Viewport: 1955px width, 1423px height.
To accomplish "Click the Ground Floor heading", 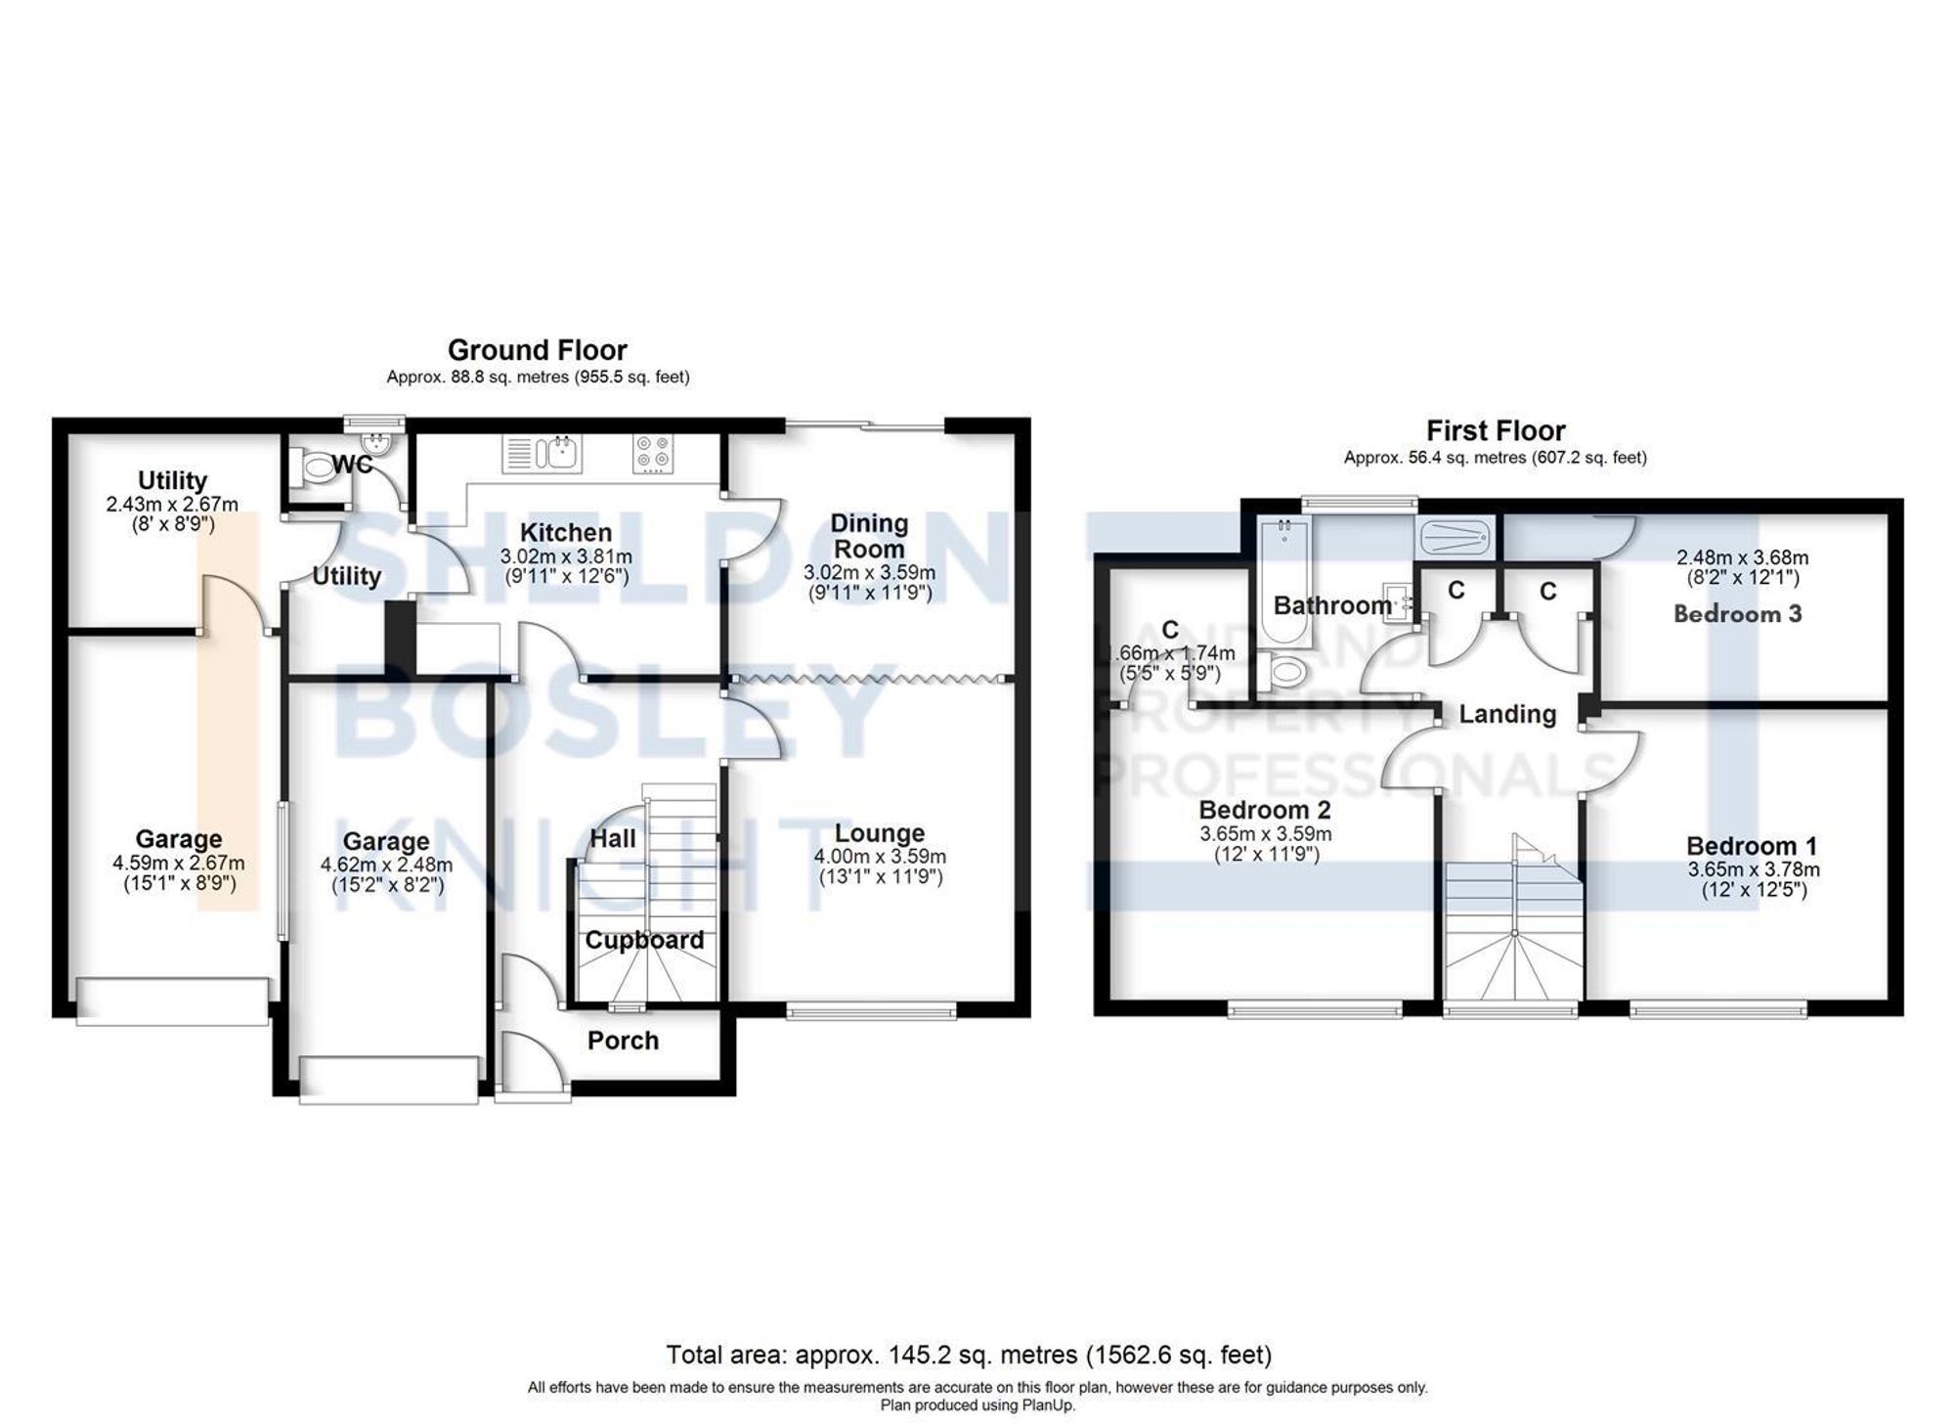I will point(537,350).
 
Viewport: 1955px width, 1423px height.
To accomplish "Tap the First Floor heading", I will point(1496,430).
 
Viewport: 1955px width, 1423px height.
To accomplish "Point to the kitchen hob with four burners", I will point(653,454).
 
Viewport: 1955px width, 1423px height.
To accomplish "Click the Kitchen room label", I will point(565,533).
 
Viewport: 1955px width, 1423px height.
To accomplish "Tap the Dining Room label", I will point(868,536).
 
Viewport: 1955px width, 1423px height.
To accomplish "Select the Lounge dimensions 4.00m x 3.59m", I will point(880,857).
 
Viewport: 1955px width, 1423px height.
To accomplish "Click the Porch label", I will point(623,1041).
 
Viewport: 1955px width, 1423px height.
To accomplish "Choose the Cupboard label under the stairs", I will point(644,940).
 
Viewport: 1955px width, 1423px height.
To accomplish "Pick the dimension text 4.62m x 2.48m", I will point(386,865).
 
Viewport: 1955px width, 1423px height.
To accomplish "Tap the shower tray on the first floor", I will point(1455,536).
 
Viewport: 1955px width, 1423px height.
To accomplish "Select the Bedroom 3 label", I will point(1737,614).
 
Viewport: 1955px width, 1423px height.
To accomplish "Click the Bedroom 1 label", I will point(1752,846).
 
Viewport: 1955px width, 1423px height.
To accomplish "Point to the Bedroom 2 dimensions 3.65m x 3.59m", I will point(1265,834).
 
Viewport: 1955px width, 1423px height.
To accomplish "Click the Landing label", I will point(1507,714).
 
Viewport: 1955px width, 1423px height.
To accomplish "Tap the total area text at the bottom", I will point(969,1356).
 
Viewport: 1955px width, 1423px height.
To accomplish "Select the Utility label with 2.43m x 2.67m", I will point(172,480).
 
